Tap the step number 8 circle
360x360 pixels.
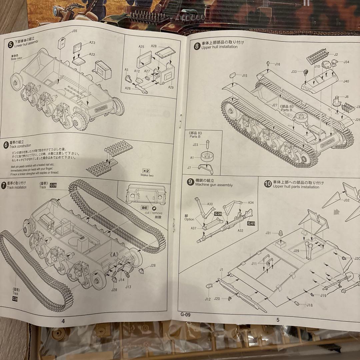[x=197, y=45]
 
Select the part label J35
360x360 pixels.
[x=74, y=31]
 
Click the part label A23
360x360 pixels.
[x=92, y=43]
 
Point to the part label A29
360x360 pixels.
[x=171, y=87]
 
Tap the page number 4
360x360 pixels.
[x=63, y=321]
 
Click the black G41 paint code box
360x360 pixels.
[x=251, y=224]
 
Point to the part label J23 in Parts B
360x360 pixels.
[x=196, y=145]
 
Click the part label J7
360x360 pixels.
[x=189, y=167]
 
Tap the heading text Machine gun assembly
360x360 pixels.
[x=214, y=185]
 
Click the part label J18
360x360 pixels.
[x=309, y=305]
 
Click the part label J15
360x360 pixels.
[x=244, y=76]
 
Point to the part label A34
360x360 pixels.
[x=251, y=202]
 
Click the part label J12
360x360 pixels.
[x=208, y=299]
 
